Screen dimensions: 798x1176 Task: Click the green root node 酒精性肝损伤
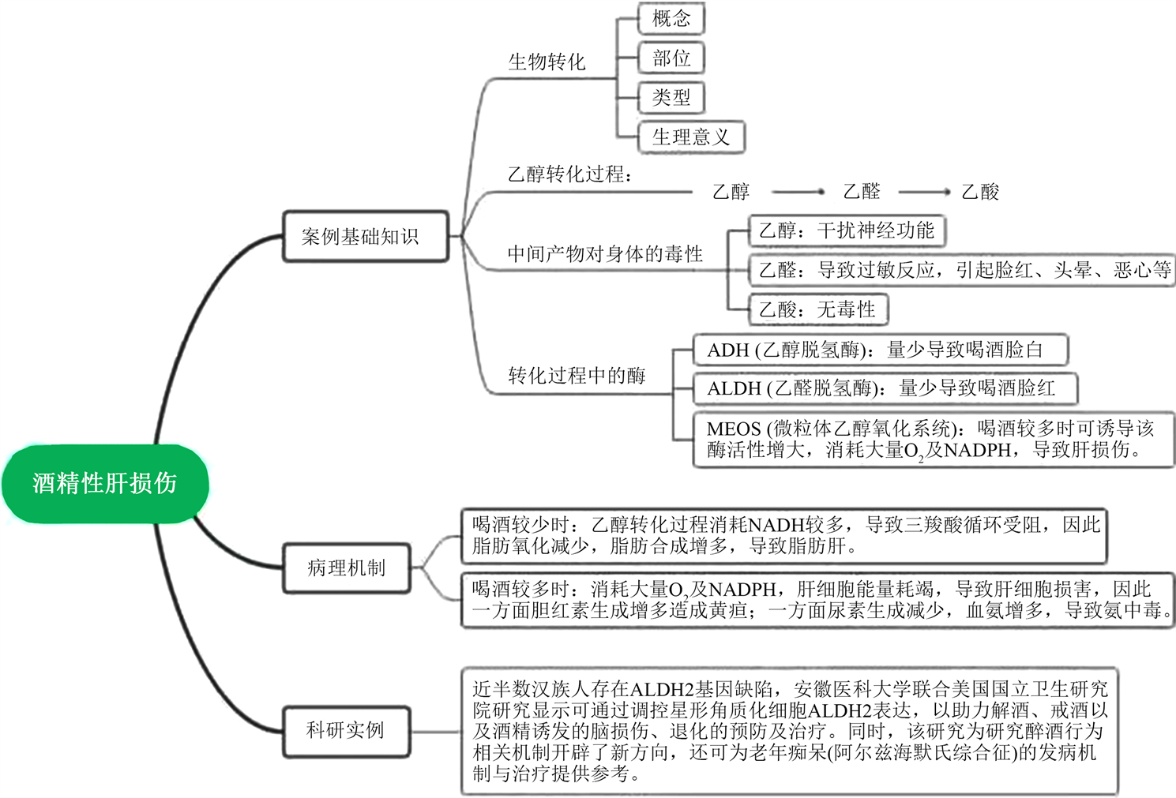click(105, 483)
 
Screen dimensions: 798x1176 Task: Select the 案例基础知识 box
click(365, 236)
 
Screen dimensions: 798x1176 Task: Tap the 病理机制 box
click(347, 568)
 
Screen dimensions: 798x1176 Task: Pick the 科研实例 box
click(347, 730)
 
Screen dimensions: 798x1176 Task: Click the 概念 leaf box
click(671, 19)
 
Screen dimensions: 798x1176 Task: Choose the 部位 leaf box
click(671, 58)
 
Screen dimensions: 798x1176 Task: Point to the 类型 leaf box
click(671, 98)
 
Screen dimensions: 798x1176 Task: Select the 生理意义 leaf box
click(691, 137)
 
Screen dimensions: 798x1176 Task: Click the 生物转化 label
click(547, 62)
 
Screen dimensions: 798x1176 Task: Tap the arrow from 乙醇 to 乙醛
click(798, 192)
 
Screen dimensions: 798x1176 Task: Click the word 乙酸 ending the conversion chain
click(980, 192)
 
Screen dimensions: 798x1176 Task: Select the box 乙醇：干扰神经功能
click(846, 230)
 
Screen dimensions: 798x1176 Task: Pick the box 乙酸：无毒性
click(817, 309)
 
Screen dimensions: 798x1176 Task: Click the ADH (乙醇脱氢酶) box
click(880, 350)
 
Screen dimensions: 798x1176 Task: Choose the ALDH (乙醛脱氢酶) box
click(885, 388)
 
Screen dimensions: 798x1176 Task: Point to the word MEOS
click(734, 429)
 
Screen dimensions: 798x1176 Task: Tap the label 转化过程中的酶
click(577, 376)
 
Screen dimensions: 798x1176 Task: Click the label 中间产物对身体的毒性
click(605, 254)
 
